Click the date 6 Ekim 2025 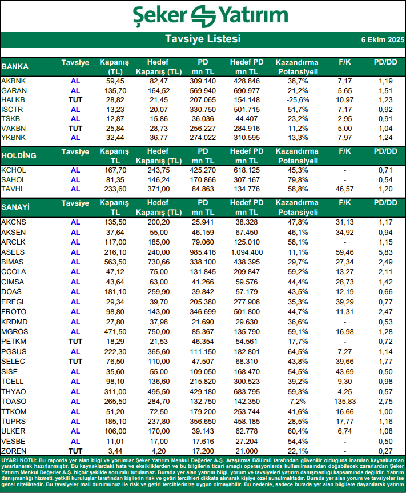[x=382, y=40]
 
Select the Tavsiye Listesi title [x=203, y=39]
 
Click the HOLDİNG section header [x=19, y=155]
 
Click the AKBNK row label [x=14, y=82]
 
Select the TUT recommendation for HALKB [x=75, y=100]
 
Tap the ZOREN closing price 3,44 [x=115, y=451]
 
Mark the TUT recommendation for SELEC [x=75, y=362]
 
